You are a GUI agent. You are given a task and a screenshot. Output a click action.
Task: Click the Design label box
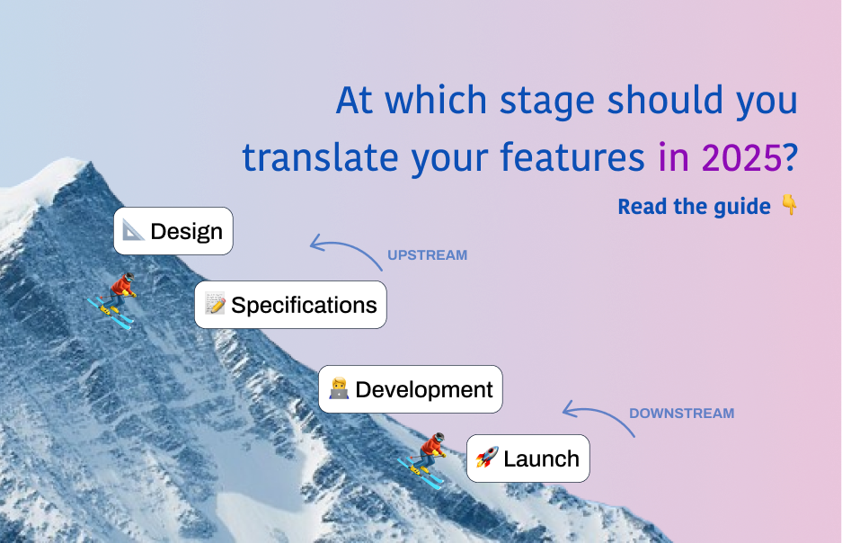pos(173,231)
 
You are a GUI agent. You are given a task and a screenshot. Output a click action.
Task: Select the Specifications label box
pos(290,305)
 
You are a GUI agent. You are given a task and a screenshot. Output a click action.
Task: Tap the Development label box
pos(410,389)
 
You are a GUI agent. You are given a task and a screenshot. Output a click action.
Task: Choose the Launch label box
pos(527,458)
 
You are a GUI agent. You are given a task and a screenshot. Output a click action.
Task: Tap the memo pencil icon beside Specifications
pos(215,305)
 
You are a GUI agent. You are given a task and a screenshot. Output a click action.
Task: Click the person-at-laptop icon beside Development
pos(339,389)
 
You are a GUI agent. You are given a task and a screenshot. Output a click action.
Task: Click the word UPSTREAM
pos(427,255)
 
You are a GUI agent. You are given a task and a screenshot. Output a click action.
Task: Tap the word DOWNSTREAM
pos(681,414)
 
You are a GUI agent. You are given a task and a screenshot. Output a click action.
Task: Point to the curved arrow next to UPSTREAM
pos(345,249)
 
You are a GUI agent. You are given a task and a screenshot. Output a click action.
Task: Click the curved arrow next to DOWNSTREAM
pos(598,418)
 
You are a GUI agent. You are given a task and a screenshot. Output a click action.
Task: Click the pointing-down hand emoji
pos(789,206)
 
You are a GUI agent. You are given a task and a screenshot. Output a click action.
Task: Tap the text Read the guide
pos(694,207)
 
